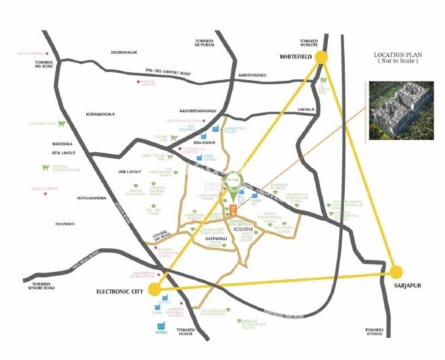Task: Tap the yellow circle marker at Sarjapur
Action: pyautogui.click(x=397, y=272)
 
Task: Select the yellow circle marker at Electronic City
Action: pyautogui.click(x=155, y=289)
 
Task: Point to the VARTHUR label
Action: pyautogui.click(x=306, y=109)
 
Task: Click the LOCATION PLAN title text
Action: pyautogui.click(x=399, y=57)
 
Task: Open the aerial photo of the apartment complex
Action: pyautogui.click(x=401, y=110)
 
